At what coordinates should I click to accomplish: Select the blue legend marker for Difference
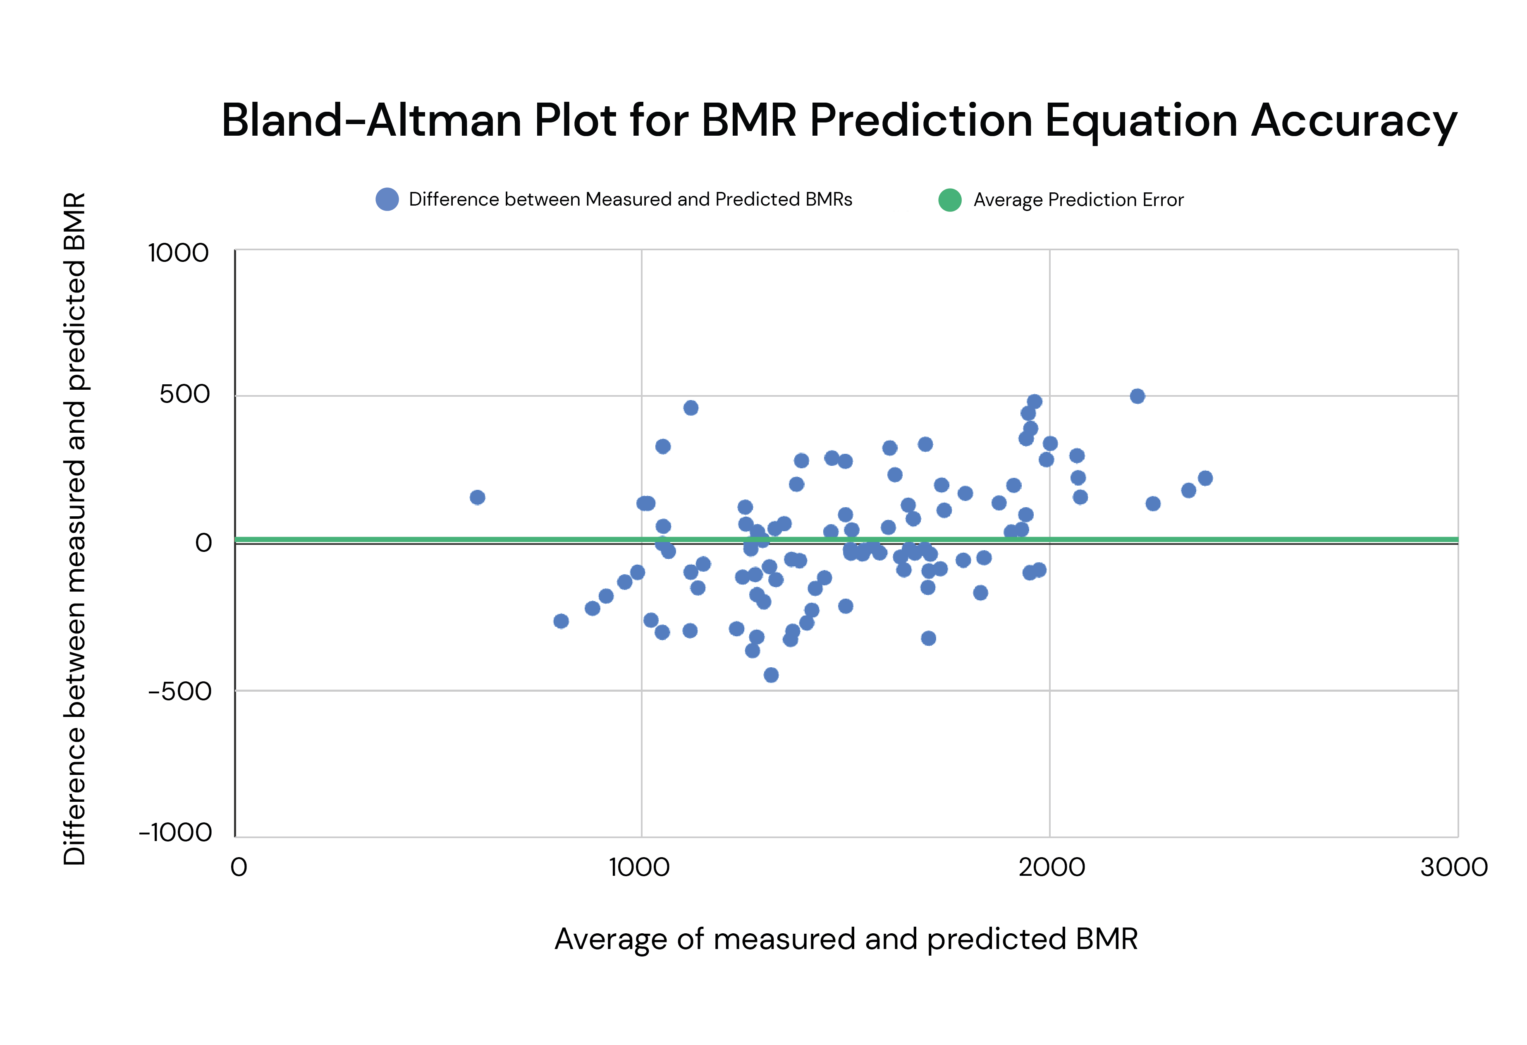click(387, 199)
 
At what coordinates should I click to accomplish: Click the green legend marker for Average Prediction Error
click(949, 200)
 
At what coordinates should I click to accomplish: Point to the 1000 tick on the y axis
click(178, 253)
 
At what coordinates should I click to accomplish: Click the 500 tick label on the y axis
click(185, 394)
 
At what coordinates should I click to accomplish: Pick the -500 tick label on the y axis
click(179, 691)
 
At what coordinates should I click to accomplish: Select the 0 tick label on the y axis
click(204, 543)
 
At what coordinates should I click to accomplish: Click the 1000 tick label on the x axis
click(639, 868)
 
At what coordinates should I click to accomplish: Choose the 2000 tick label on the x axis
click(1051, 868)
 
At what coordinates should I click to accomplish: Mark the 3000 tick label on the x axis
click(1453, 868)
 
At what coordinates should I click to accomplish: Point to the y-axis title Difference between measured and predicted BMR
click(74, 529)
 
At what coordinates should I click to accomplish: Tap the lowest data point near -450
click(772, 675)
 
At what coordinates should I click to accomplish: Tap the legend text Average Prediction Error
click(1078, 200)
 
